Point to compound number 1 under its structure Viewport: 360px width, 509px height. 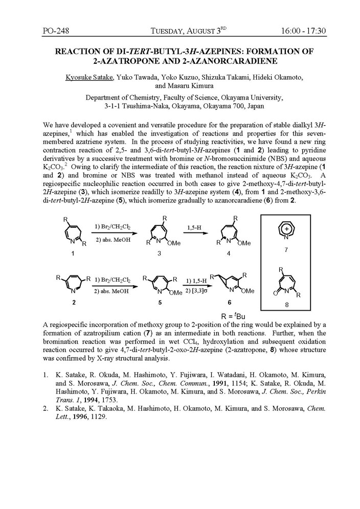click(73, 253)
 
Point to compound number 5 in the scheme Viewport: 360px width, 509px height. click(162, 303)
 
